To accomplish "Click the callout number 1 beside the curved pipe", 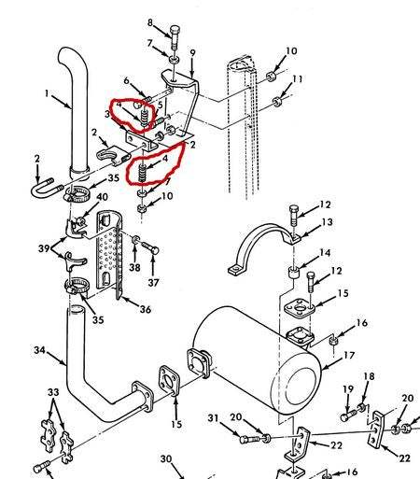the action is click(47, 93).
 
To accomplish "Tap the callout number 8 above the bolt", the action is click(150, 22).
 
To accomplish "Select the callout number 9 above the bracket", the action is click(192, 52).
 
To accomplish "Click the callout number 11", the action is click(298, 79).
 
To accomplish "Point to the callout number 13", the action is click(328, 222).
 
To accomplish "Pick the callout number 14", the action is click(325, 253).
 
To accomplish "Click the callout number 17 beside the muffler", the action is click(349, 355).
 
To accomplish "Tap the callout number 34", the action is click(39, 350).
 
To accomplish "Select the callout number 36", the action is click(145, 309).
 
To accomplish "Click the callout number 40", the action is click(102, 197).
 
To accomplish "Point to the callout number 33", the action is click(53, 392).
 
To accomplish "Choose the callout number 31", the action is click(213, 418).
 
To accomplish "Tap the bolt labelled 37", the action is click(150, 247).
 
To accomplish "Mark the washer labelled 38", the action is click(136, 240).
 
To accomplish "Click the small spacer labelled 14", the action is click(293, 272).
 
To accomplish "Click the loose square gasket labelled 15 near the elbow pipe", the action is click(170, 381).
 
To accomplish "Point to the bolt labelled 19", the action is click(348, 416).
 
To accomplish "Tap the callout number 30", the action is click(166, 458).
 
